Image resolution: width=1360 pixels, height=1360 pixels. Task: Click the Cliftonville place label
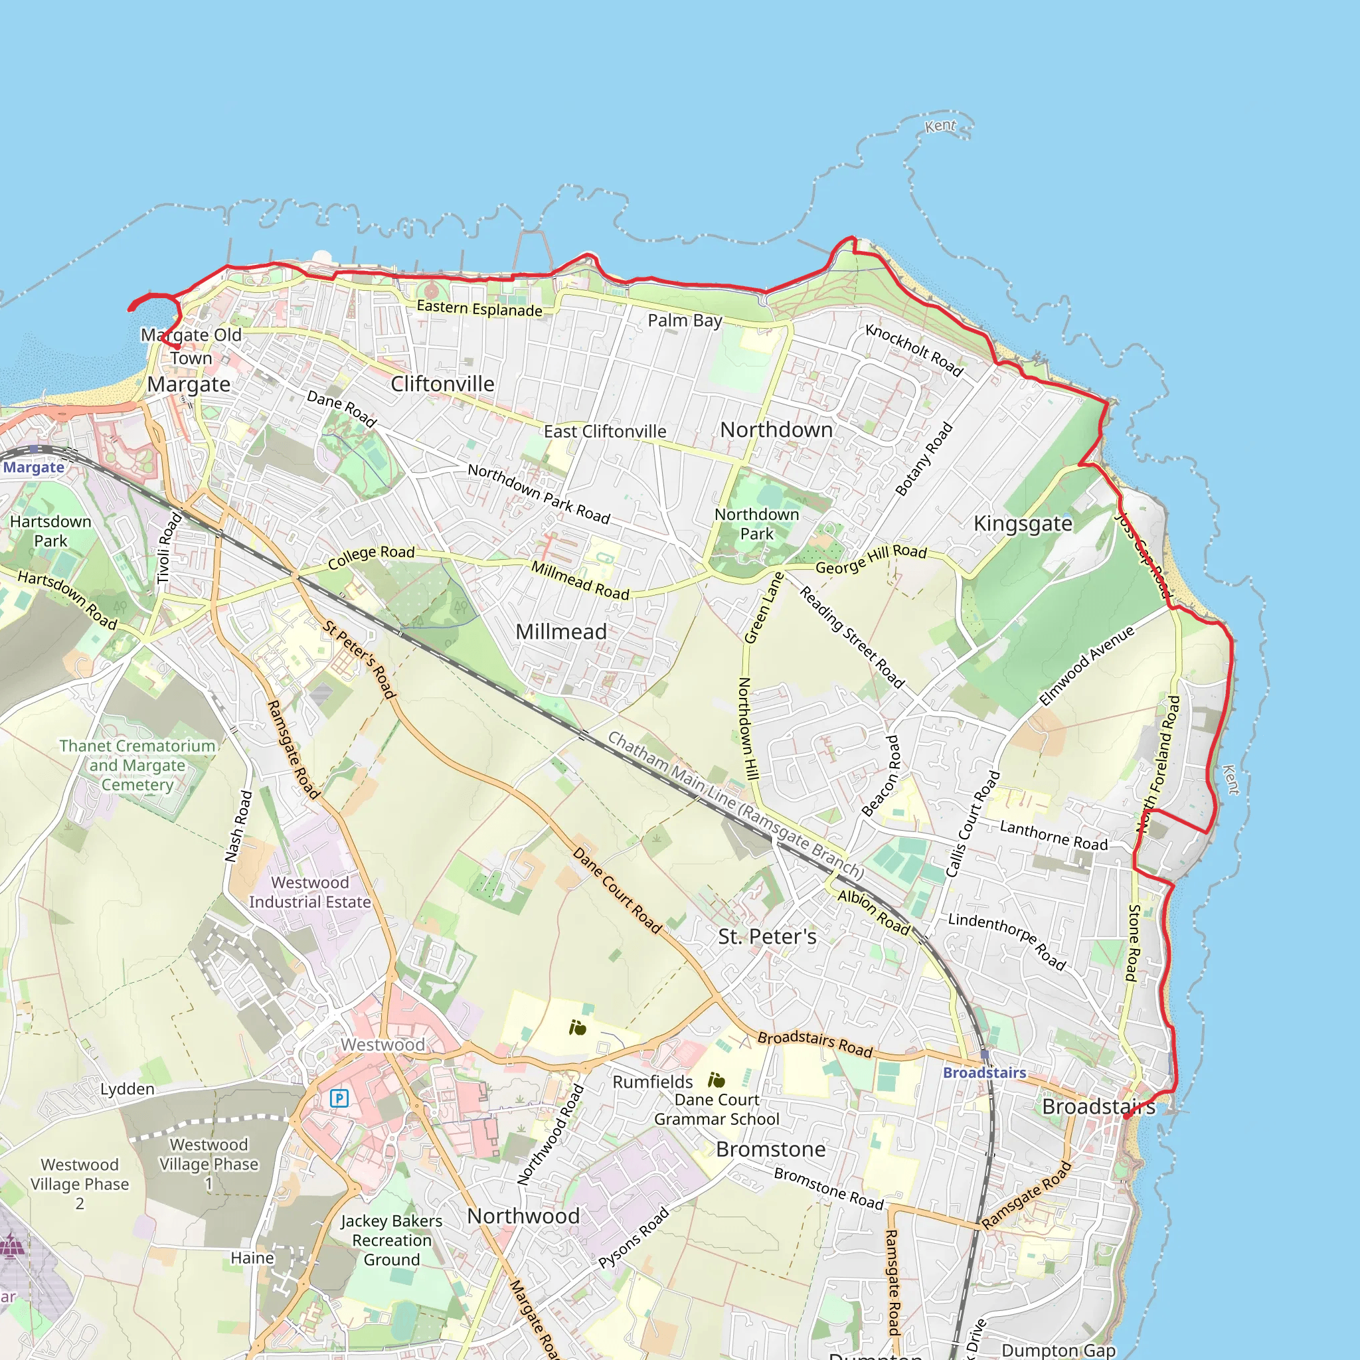coord(442,384)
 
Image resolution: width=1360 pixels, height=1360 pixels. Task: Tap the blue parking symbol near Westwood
coord(339,1098)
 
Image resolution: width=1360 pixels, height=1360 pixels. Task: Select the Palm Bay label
coord(685,320)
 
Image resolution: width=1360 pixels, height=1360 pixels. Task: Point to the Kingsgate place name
coord(1023,523)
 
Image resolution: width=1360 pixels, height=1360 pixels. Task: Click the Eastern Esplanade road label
coord(479,308)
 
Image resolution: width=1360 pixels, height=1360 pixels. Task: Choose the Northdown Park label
coord(757,524)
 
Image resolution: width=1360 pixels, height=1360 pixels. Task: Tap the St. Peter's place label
coord(767,936)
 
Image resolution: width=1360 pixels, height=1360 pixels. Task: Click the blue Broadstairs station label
coord(984,1073)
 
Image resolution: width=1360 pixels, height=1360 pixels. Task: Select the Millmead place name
coord(561,632)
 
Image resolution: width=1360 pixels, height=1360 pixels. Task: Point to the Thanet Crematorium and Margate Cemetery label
coord(137,765)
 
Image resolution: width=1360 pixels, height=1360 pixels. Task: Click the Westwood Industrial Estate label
coord(309,892)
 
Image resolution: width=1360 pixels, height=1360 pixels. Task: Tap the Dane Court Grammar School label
coord(717,1110)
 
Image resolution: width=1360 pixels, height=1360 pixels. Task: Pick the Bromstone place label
coord(771,1149)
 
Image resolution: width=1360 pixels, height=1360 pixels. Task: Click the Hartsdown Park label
coord(50,531)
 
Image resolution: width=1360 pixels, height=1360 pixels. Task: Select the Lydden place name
coord(127,1089)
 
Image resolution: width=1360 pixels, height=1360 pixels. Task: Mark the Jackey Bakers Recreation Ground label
coord(391,1240)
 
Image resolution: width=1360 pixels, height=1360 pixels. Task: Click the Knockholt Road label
coord(914,350)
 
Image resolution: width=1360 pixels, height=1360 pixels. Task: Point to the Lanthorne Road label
coord(1054,835)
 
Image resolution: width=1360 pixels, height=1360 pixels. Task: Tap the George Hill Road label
coord(871,559)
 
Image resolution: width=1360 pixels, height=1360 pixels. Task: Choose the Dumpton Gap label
coord(1059,1349)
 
